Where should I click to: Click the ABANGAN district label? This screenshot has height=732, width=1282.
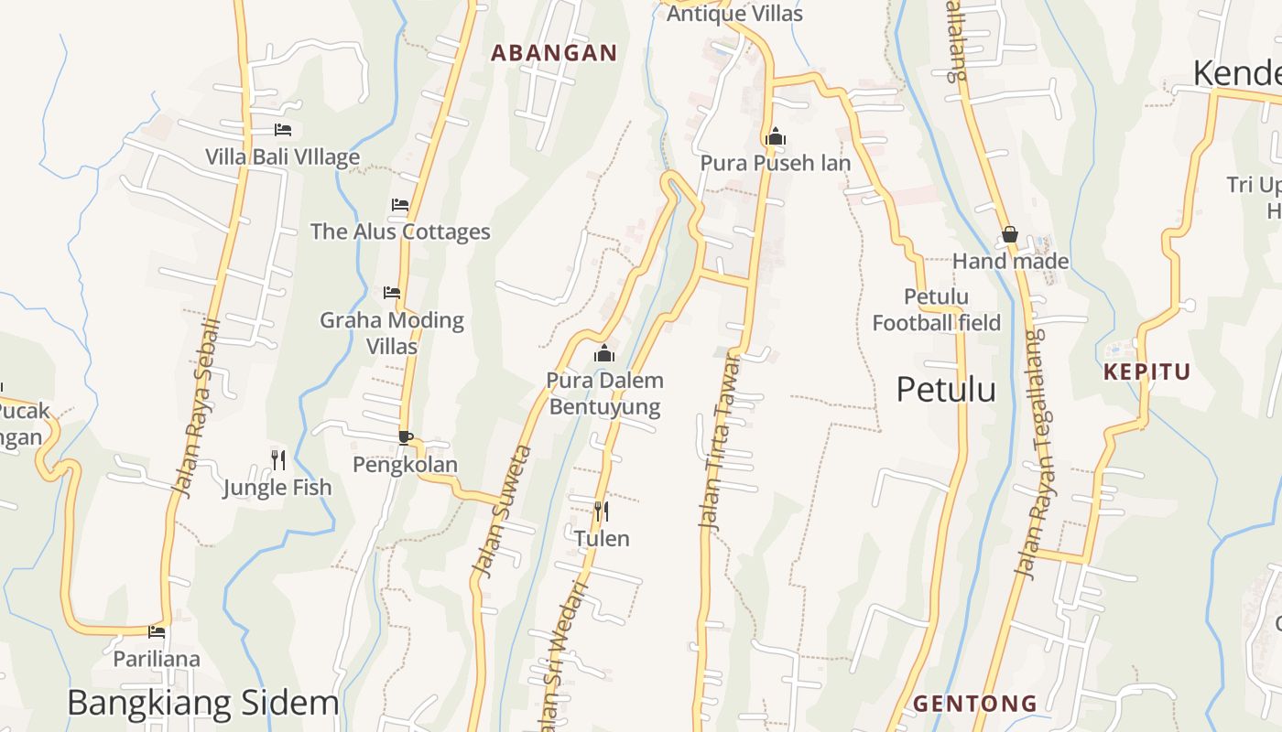point(554,53)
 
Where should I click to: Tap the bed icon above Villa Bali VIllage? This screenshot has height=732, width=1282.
point(283,131)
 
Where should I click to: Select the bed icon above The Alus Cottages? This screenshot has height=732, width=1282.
point(400,205)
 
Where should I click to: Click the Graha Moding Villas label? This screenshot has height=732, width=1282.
point(392,333)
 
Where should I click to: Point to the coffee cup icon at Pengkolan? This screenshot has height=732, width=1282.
point(405,437)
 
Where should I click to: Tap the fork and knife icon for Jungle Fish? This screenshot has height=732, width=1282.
point(278,459)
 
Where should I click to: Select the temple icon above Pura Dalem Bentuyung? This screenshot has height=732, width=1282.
point(604,354)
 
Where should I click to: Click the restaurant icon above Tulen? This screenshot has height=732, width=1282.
point(602,511)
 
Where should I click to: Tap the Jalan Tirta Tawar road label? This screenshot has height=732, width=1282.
point(720,441)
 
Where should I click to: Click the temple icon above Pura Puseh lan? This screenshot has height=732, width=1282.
point(776,137)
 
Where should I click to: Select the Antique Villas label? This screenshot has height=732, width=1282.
point(734,14)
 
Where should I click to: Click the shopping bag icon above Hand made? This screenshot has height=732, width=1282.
point(1010,235)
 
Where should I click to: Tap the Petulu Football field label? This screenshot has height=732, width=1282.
point(936,310)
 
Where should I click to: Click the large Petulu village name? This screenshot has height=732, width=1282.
point(945,390)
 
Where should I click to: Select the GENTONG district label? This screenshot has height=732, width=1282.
point(975,704)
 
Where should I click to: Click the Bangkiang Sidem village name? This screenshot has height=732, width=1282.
point(202,703)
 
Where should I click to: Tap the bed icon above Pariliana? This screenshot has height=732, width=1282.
point(157,632)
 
